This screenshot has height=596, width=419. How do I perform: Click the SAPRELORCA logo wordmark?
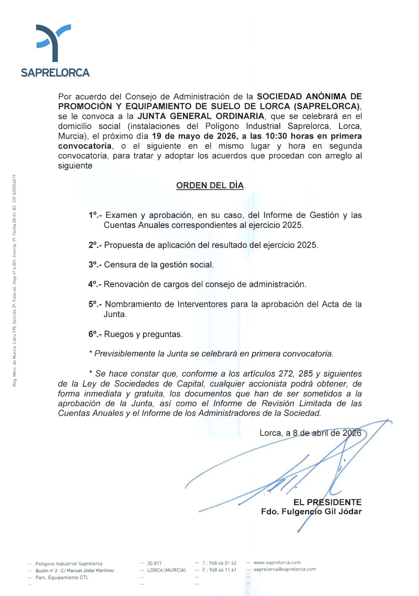[x=55, y=73]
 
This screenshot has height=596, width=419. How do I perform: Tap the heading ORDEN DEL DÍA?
[x=210, y=186]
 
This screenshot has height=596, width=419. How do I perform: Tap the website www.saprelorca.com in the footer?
[x=277, y=562]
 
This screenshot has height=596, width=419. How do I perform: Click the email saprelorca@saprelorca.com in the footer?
[x=285, y=569]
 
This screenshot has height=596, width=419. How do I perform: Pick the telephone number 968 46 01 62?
[x=223, y=563]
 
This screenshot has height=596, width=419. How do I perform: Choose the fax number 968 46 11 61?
[x=223, y=570]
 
